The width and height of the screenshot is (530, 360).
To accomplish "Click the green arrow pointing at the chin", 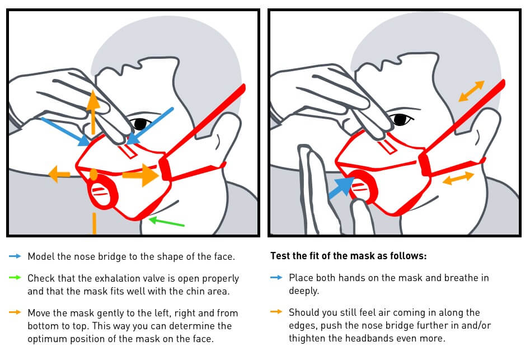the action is [167, 222].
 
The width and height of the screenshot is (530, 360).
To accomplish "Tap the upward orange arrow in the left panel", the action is [93, 112].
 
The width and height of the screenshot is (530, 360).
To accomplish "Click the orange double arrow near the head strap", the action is [472, 91].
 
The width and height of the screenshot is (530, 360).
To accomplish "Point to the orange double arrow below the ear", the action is [458, 178].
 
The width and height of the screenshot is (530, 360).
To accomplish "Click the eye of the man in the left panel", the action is [140, 124].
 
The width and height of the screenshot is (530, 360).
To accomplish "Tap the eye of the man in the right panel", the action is [401, 119].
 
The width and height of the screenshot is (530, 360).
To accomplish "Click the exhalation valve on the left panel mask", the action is [102, 193].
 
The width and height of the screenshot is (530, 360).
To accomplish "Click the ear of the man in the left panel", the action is [223, 135].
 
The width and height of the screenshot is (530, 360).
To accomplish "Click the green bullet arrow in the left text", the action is [15, 278].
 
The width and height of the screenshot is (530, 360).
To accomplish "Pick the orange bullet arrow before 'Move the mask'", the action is [15, 312].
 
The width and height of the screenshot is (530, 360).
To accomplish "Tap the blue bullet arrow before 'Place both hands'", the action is [276, 278].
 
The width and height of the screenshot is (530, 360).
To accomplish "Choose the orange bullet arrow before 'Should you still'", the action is [276, 312].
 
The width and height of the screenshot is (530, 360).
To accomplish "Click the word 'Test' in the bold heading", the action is [279, 256].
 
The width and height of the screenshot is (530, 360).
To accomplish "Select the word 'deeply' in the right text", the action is [303, 291].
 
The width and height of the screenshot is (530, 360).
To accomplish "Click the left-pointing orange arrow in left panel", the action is [59, 174].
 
